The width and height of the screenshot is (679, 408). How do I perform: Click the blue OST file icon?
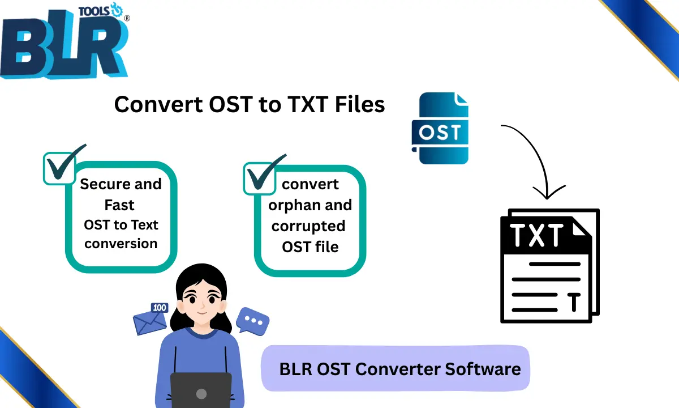click(443, 129)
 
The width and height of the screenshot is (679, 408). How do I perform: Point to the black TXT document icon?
click(549, 266)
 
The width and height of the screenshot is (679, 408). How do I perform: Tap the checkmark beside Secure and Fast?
click(63, 165)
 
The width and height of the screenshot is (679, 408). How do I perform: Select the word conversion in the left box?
click(121, 244)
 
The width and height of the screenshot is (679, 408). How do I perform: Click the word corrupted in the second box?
click(308, 226)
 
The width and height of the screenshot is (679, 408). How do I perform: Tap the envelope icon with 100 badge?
click(151, 320)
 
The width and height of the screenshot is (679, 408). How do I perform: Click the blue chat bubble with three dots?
click(252, 321)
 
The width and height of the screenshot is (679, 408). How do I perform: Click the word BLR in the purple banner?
click(294, 369)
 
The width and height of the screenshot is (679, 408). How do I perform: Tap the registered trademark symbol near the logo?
click(126, 18)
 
